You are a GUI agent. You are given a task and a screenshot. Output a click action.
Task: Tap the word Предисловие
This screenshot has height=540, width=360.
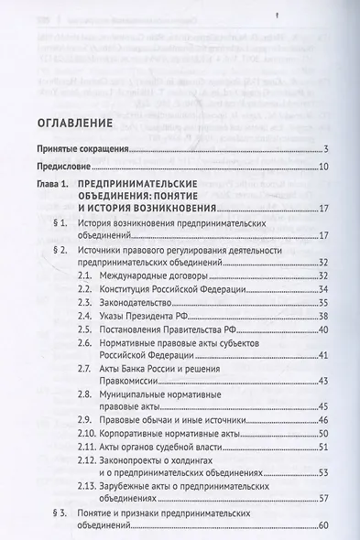click(x=60, y=167)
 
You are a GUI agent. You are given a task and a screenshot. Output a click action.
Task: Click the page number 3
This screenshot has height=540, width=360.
click(x=325, y=151)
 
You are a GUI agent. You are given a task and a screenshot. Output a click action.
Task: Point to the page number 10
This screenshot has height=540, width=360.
click(x=323, y=167)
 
